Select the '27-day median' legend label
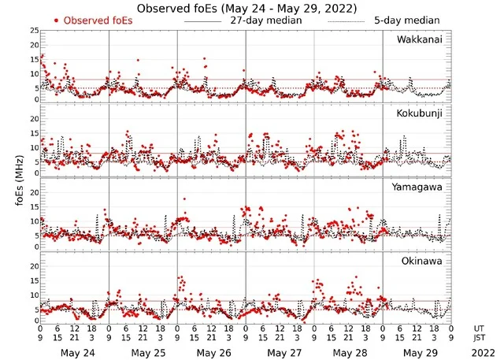pos(266,20)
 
